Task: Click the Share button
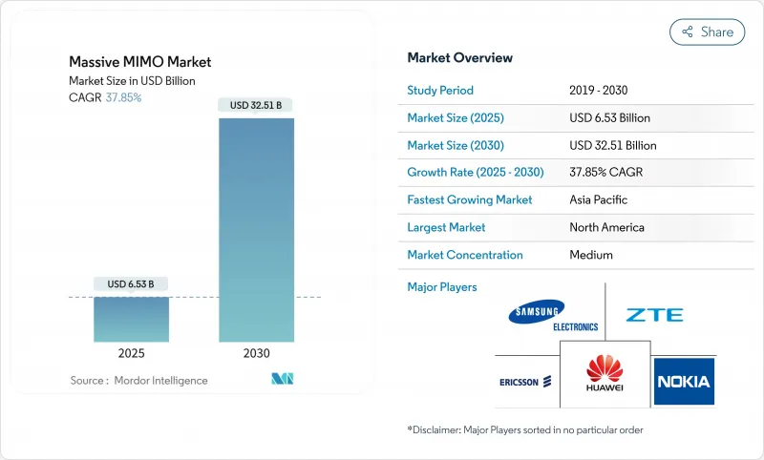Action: click(x=707, y=31)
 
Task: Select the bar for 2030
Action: click(x=257, y=229)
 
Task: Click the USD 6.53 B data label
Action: click(x=131, y=284)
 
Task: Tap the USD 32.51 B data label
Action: click(x=257, y=105)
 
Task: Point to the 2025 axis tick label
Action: click(x=131, y=353)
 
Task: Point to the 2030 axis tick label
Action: click(x=257, y=353)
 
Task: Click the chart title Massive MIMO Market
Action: click(x=140, y=62)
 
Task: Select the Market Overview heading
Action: click(x=459, y=58)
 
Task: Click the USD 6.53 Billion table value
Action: click(x=609, y=118)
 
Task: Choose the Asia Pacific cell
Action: click(x=599, y=200)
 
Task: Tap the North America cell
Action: click(x=605, y=228)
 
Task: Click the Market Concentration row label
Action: click(x=464, y=256)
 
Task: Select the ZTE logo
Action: click(x=654, y=315)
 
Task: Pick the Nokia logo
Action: click(x=684, y=382)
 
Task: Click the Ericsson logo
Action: click(x=526, y=383)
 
